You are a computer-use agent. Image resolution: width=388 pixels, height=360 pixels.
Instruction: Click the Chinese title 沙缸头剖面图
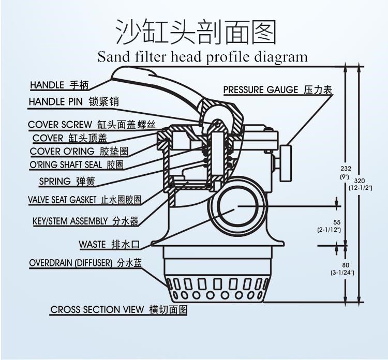pos(195,32)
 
